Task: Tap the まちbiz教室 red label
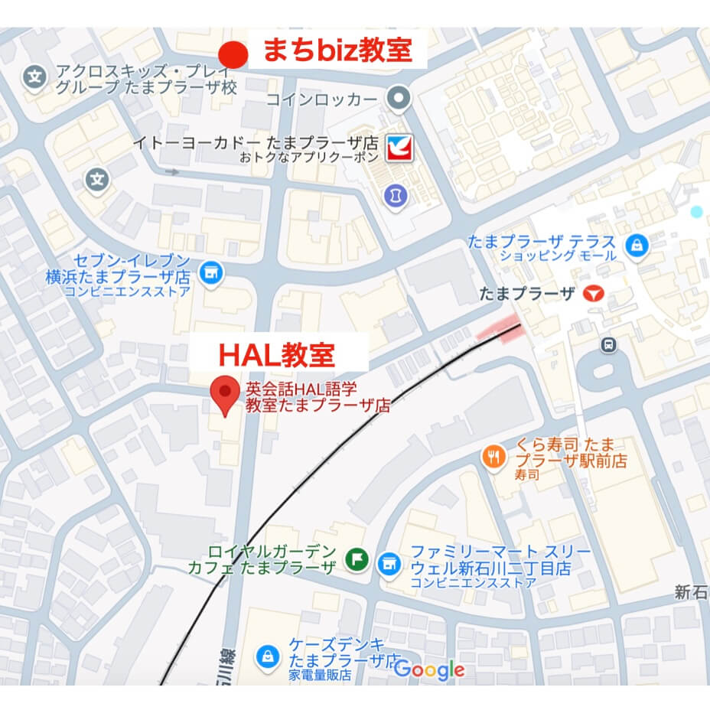pyautogui.click(x=337, y=50)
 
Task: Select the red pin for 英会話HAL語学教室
pyautogui.click(x=225, y=394)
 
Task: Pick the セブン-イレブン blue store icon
pyautogui.click(x=209, y=272)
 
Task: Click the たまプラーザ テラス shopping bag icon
pyautogui.click(x=634, y=246)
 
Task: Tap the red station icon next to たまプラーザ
pyautogui.click(x=592, y=293)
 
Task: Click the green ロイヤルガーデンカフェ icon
pyautogui.click(x=356, y=560)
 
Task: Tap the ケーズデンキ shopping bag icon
pyautogui.click(x=269, y=655)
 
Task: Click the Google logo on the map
pyautogui.click(x=429, y=670)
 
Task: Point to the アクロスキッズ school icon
pyautogui.click(x=34, y=77)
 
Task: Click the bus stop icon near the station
pyautogui.click(x=608, y=345)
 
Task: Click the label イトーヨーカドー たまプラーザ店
pyautogui.click(x=256, y=142)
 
